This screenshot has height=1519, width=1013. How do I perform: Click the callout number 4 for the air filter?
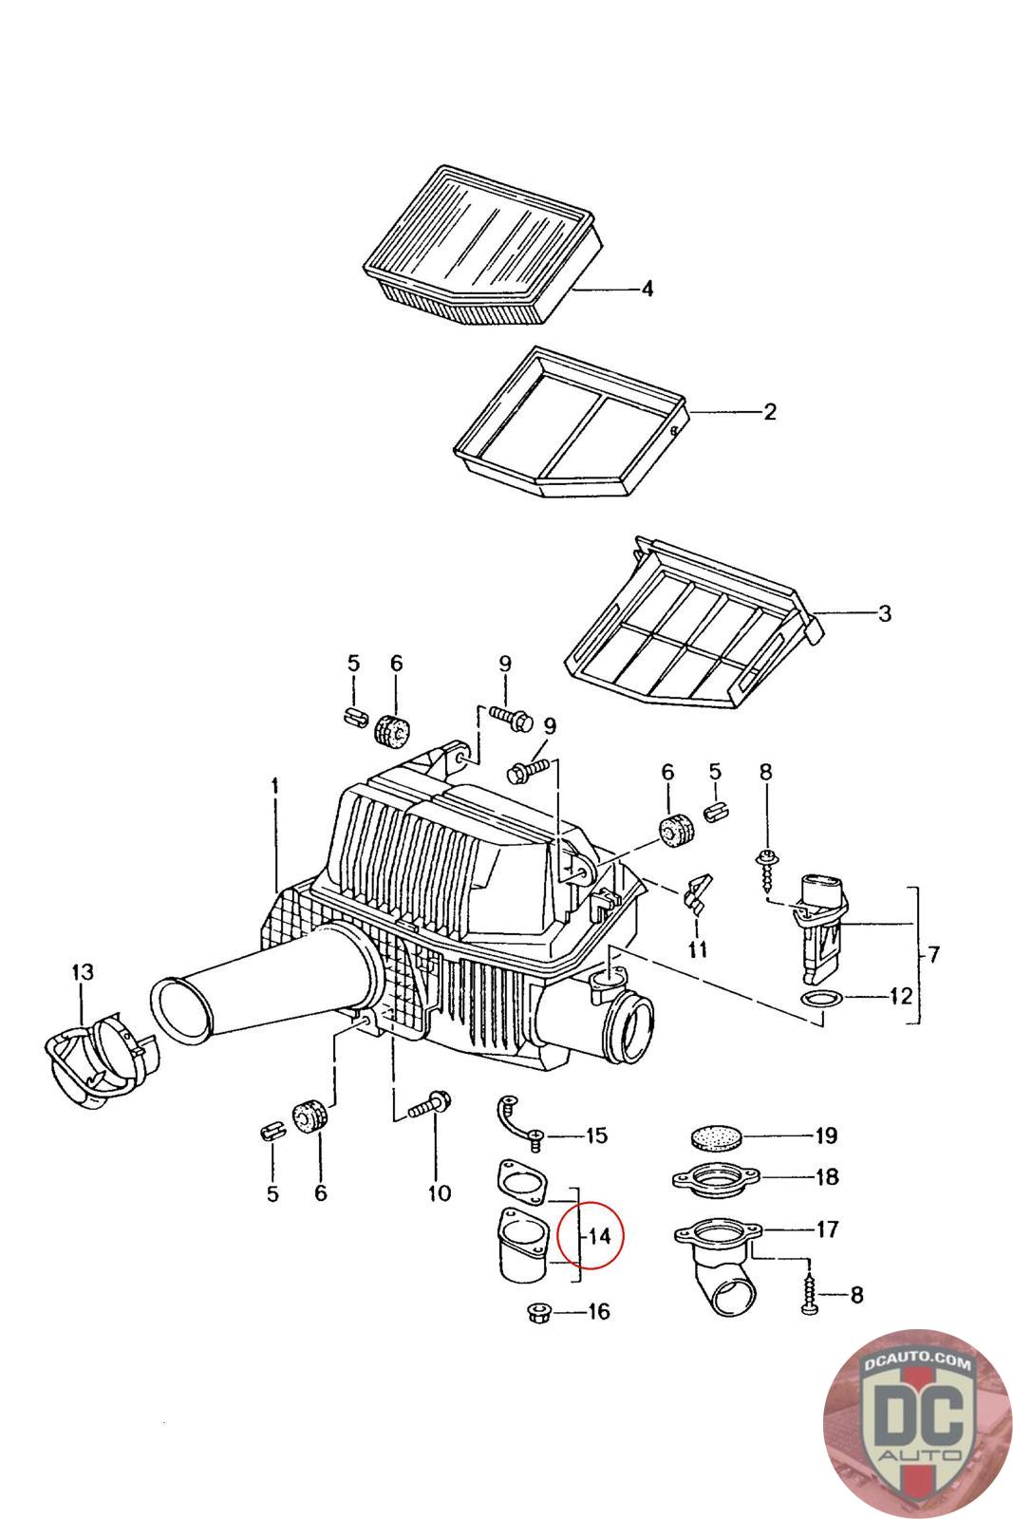[x=647, y=289]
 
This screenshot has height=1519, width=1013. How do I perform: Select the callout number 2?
[x=769, y=412]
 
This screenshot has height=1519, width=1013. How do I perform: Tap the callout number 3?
[x=884, y=613]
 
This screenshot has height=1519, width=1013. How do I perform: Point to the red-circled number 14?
[x=598, y=1236]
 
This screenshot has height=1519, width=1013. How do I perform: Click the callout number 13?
[x=83, y=971]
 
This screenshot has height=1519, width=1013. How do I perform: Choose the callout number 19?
[x=825, y=1135]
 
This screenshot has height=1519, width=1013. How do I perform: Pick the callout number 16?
[x=599, y=1313]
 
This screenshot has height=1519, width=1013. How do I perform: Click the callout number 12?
[x=900, y=997]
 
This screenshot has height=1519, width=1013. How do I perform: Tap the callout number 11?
[x=699, y=949]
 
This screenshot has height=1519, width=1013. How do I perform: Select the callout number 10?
[x=439, y=1193]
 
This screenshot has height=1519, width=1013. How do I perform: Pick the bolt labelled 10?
[x=430, y=1107]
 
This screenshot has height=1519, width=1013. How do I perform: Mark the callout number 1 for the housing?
[x=274, y=786]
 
